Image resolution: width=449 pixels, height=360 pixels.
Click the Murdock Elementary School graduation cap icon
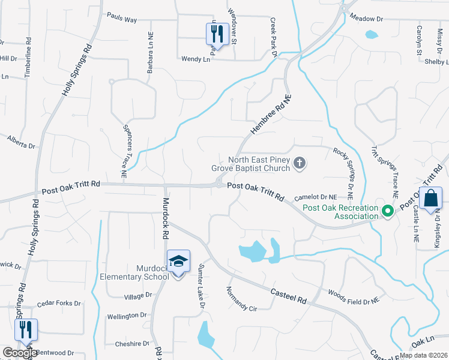tap(179, 261)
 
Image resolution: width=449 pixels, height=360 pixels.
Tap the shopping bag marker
tap(431, 199)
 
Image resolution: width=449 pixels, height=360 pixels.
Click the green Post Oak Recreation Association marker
tap(388, 211)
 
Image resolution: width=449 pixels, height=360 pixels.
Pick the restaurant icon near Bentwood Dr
tap(26, 329)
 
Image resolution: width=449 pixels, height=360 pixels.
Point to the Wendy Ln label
tap(196, 59)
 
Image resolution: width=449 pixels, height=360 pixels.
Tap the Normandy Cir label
tap(241, 300)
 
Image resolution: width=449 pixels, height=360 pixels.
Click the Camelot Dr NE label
tap(315, 197)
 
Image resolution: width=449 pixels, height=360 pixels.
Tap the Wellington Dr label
tap(127, 315)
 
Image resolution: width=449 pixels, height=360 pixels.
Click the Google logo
tap(20, 353)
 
